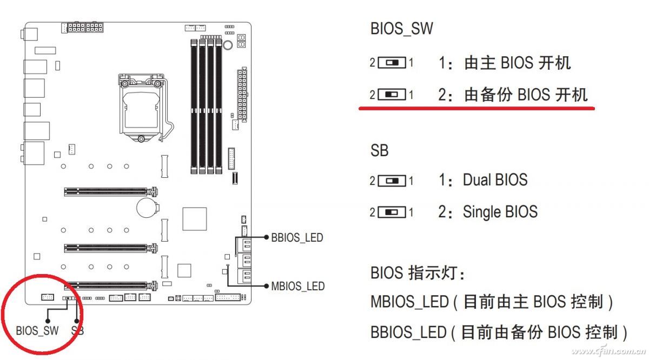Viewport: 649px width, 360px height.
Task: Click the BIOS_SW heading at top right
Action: point(401,29)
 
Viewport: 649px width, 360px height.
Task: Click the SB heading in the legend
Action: point(379,150)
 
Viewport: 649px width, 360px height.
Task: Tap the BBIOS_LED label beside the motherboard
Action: point(297,238)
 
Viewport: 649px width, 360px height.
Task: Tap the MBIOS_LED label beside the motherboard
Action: point(297,286)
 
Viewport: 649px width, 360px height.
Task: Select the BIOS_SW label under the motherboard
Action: point(37,330)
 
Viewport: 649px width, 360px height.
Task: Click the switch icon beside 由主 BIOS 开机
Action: point(392,63)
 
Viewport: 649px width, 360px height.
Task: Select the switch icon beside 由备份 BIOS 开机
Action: point(392,95)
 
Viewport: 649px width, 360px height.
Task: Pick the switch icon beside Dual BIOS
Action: point(392,181)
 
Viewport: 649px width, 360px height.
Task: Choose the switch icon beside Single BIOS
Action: point(392,212)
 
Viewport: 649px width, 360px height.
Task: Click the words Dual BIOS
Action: point(494,180)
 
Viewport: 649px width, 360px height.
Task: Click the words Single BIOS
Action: point(500,212)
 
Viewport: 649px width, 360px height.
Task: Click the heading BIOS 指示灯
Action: point(418,273)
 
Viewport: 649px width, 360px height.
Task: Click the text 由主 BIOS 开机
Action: point(517,63)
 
